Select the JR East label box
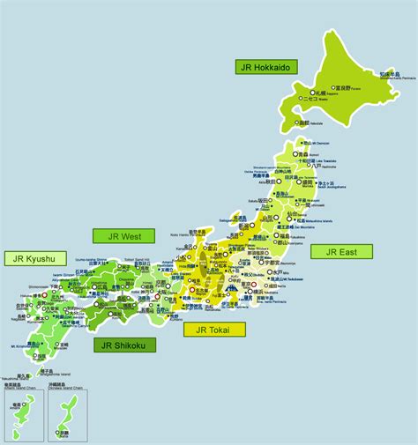341,251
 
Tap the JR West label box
123,235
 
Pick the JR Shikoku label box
124,345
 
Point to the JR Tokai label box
214,330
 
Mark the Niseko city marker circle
301,100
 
